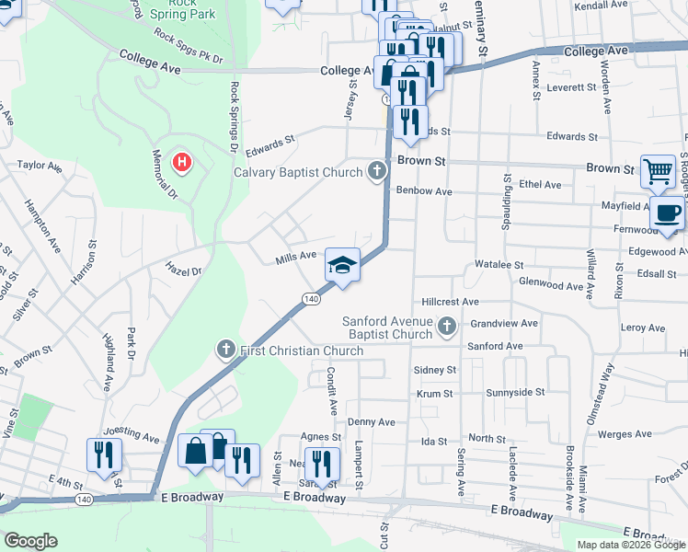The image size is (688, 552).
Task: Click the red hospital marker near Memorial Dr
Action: [183, 164]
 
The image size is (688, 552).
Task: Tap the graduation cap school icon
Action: [341, 266]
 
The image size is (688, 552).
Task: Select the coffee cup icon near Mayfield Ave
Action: [667, 214]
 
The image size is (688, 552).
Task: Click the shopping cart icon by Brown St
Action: [658, 170]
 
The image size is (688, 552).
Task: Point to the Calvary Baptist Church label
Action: [298, 171]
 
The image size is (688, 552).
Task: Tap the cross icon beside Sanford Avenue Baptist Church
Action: [447, 325]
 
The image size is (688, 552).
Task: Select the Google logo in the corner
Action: [30, 541]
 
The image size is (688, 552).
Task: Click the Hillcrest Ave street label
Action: [451, 301]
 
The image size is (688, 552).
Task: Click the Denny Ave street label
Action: [371, 421]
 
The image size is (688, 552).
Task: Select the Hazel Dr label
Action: [182, 268]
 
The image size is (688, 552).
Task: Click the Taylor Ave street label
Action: [39, 167]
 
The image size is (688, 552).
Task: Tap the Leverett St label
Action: [571, 87]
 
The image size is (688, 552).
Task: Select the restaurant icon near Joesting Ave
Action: [101, 454]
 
